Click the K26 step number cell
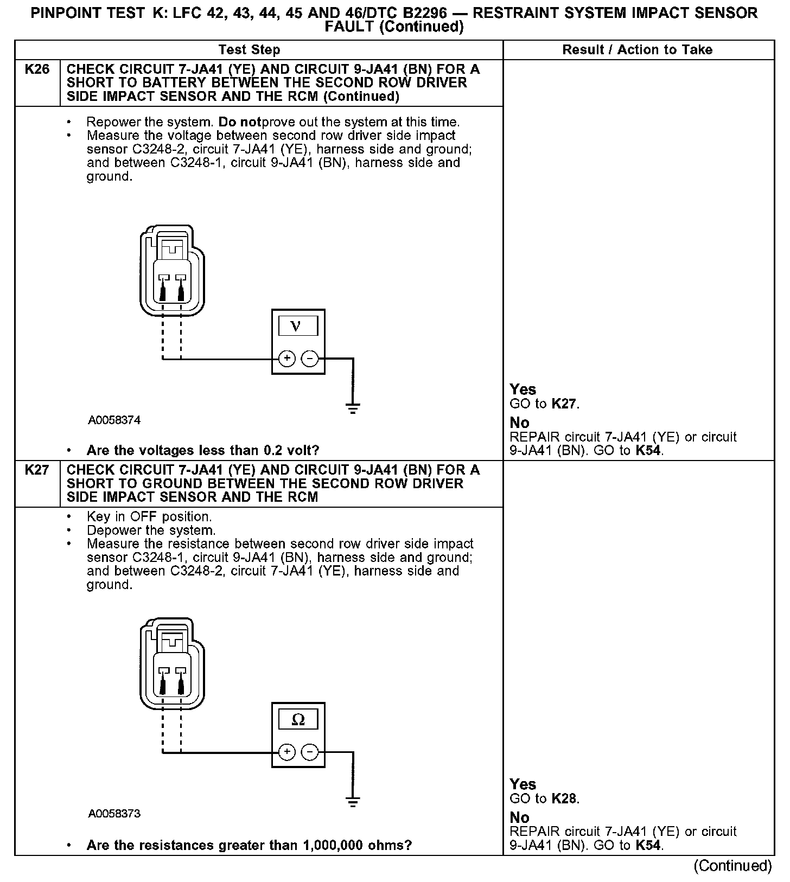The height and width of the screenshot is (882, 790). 37,69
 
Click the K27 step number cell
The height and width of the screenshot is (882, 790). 37,470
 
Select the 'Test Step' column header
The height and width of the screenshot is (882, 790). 249,50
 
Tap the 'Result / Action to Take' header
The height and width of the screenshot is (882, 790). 637,50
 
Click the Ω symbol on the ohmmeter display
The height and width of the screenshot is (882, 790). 298,720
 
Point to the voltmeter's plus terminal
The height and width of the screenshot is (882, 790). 286,359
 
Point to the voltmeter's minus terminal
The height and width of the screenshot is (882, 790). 309,359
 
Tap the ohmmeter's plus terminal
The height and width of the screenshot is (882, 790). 286,752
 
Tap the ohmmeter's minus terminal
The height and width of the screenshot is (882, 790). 309,752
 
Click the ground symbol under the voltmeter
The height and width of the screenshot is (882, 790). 353,407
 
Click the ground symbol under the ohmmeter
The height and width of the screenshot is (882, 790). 353,801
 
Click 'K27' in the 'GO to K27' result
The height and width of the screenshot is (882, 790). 564,404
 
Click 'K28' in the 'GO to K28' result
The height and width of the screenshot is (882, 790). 564,798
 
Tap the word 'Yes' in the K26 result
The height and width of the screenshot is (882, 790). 523,389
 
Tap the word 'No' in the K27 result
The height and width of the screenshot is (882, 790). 519,817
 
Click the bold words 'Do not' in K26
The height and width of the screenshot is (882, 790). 239,122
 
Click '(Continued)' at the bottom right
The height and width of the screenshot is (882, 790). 732,866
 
